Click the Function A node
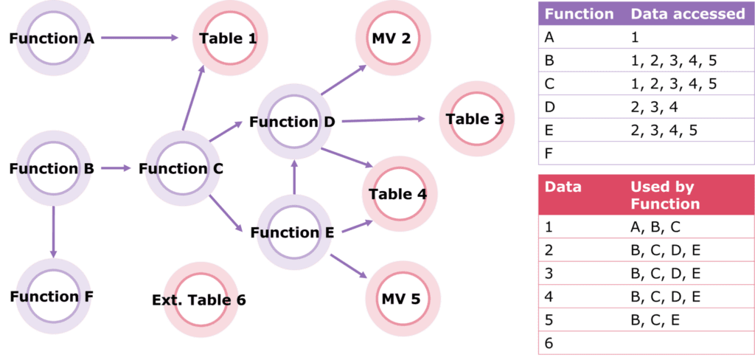[x=53, y=38]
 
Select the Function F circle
[x=53, y=296]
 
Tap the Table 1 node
[x=230, y=38]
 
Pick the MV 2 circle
[x=393, y=38]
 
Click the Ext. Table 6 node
[x=201, y=300]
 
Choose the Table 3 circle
[x=477, y=119]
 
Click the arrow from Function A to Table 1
[x=139, y=38]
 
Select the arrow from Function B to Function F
[x=53, y=232]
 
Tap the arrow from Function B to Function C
[x=116, y=168]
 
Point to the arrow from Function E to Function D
[x=295, y=177]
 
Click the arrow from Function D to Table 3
[x=383, y=120]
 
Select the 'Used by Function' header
[x=666, y=195]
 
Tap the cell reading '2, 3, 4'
[x=655, y=108]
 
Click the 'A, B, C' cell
[x=655, y=227]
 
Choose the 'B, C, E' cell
[x=655, y=320]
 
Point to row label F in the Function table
[x=549, y=153]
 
